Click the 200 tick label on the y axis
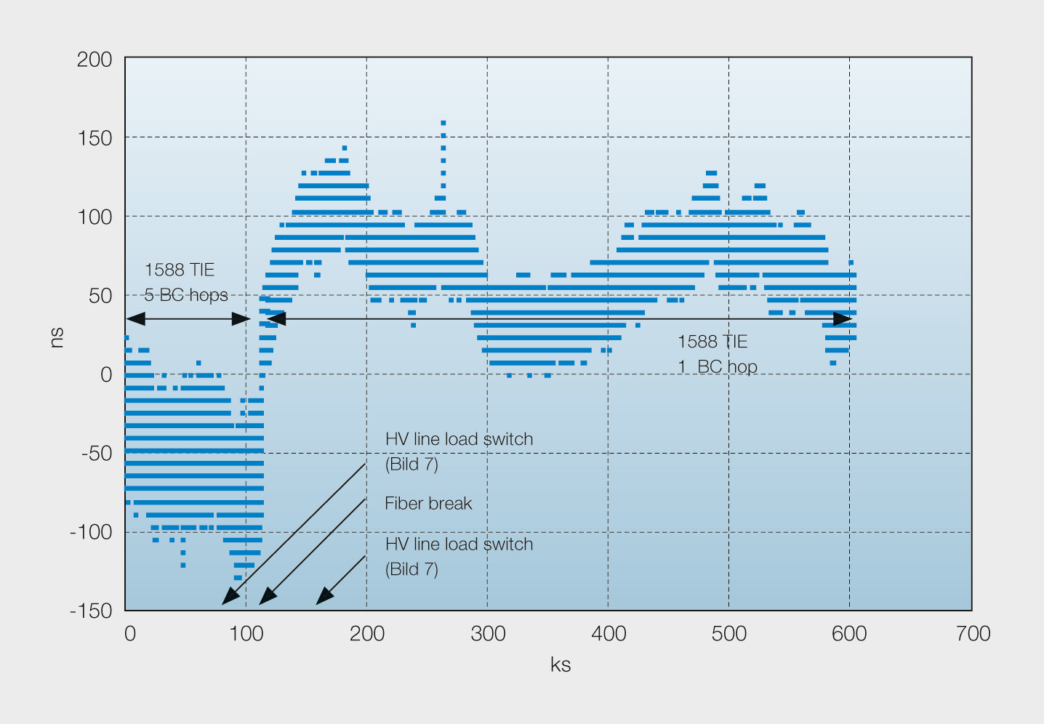point(94,60)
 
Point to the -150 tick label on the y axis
point(91,611)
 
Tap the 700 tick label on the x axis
point(973,634)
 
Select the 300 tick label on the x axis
point(488,634)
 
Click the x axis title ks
point(561,664)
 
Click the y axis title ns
point(56,337)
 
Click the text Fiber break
point(428,503)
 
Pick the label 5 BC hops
point(186,295)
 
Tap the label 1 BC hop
point(718,366)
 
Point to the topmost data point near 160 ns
point(443,123)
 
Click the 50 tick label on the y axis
point(100,297)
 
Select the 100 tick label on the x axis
point(246,634)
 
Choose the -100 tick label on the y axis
point(91,532)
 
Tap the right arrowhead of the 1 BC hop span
point(842,319)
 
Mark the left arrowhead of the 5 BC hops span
point(136,319)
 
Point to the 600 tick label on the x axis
point(849,634)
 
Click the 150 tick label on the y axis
point(95,138)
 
